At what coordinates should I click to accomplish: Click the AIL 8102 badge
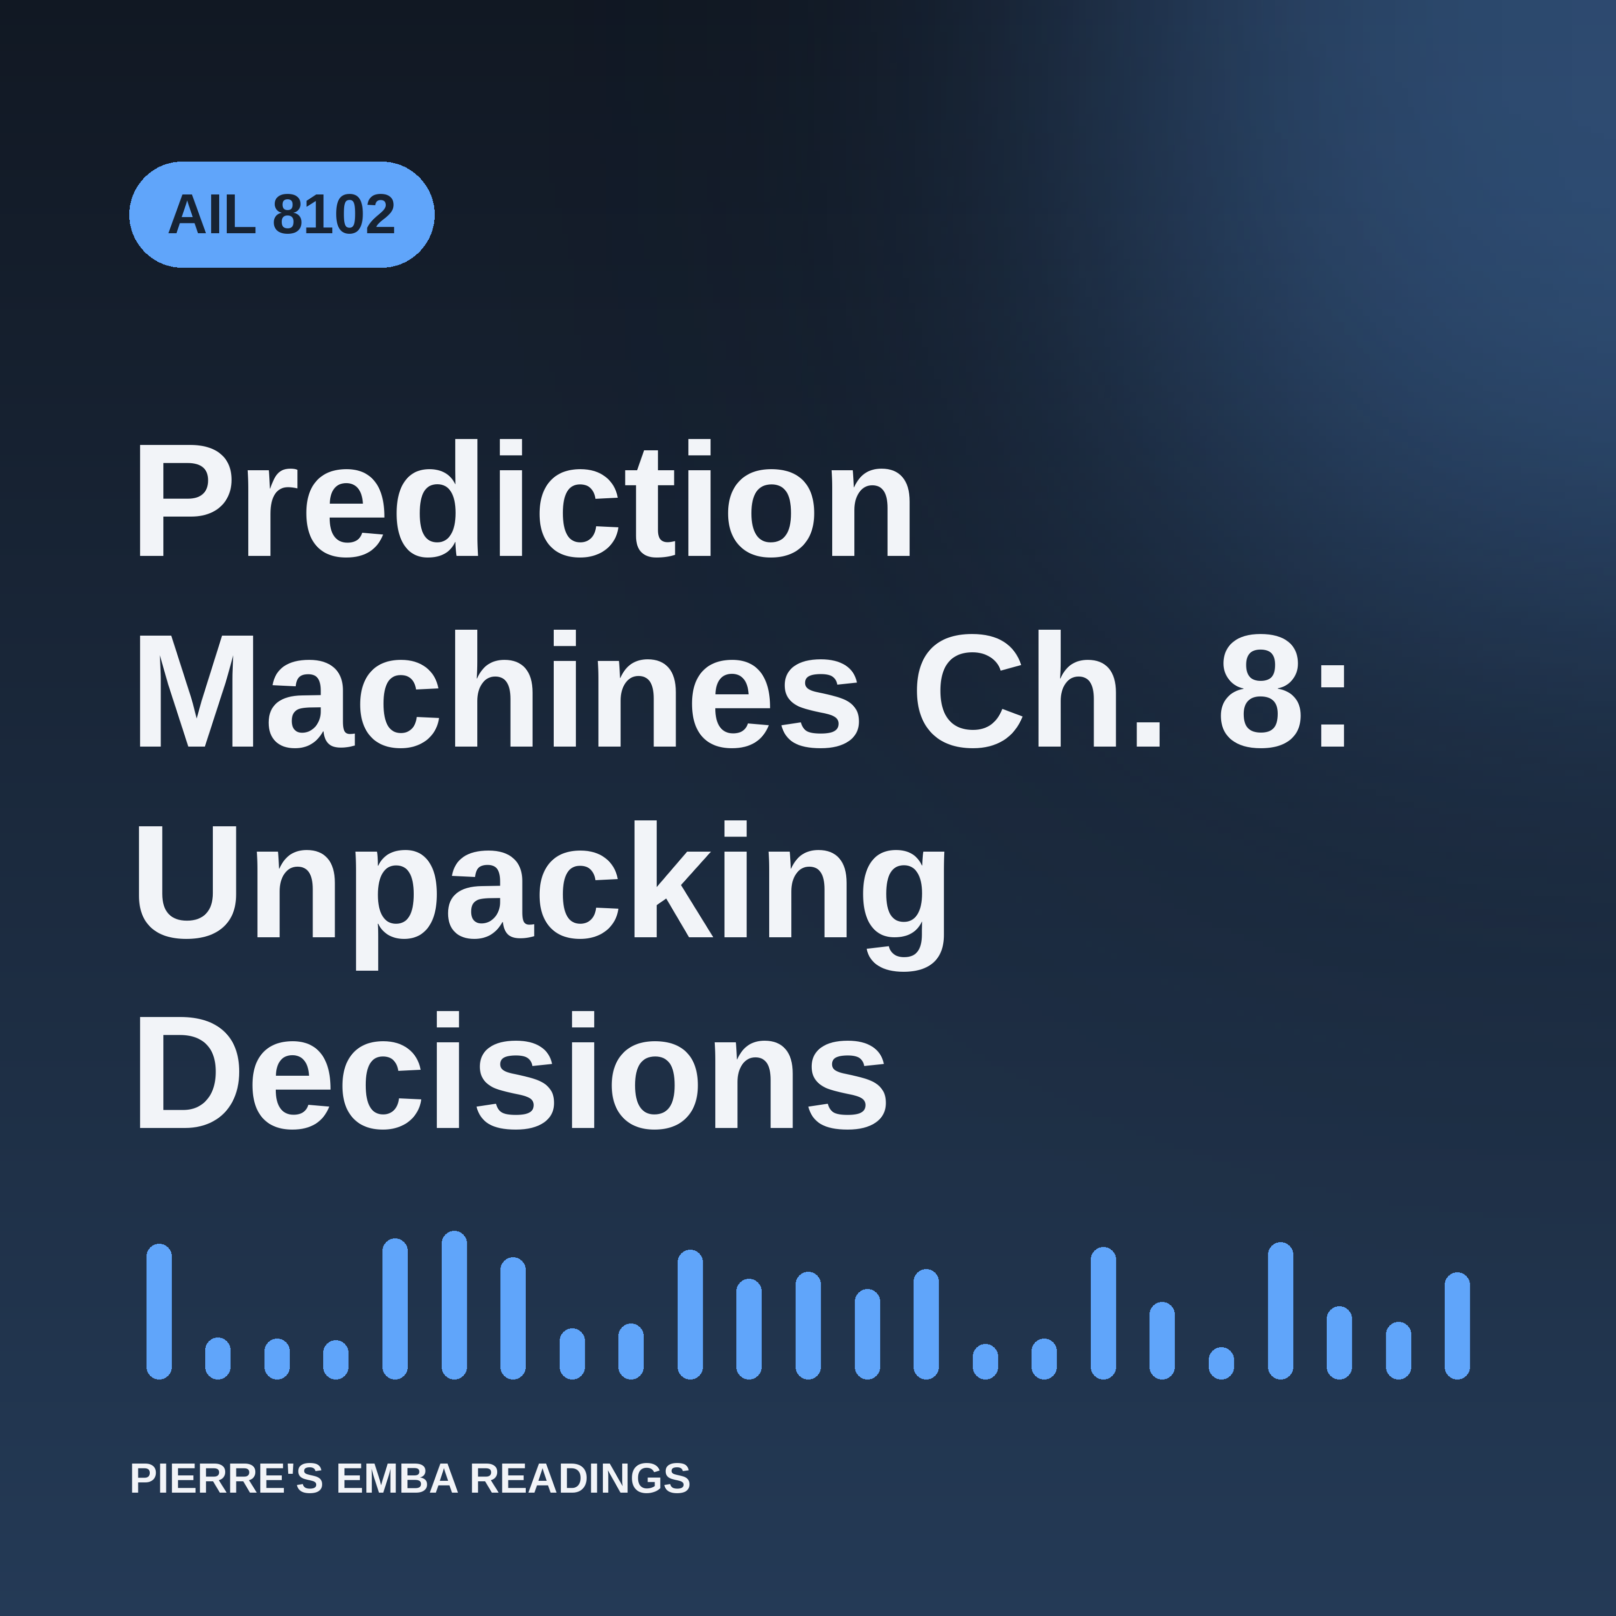coord(282,215)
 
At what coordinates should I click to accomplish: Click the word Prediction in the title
coord(524,498)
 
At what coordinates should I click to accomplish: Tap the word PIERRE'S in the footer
coord(226,1478)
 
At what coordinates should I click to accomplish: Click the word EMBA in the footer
coord(396,1478)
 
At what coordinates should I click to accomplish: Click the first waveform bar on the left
coord(159,1312)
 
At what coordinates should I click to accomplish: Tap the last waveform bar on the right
coord(1457,1326)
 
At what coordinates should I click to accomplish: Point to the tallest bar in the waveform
coord(454,1305)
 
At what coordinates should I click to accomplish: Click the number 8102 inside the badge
coord(334,215)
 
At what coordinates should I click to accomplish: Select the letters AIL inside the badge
coord(212,215)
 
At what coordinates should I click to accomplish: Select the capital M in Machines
coord(195,690)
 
